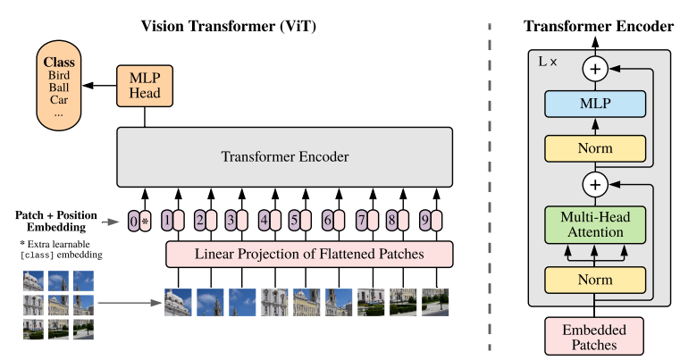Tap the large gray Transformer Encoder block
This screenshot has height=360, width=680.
[284, 156]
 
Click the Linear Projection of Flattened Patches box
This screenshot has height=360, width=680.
[309, 254]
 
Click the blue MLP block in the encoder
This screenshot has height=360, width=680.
[595, 104]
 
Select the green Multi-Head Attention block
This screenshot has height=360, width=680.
[595, 225]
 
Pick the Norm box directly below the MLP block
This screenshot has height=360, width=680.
[595, 147]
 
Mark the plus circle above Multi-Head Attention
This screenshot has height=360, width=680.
[595, 185]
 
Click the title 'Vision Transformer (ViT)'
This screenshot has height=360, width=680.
[230, 26]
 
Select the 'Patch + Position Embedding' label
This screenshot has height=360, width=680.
[55, 221]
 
